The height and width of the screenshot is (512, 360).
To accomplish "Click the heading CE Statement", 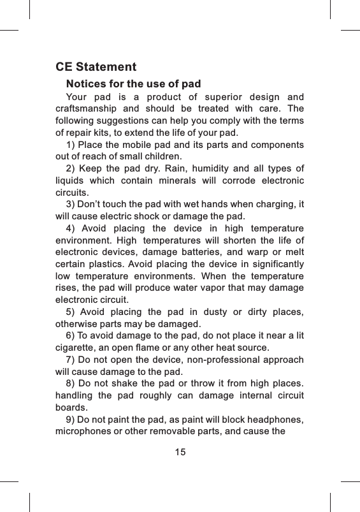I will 96,67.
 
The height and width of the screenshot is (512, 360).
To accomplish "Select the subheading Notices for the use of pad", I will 133,84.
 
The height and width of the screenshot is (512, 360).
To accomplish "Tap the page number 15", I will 180,452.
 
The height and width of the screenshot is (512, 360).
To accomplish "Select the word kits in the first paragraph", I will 101,133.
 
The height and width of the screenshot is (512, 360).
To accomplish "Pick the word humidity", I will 221,168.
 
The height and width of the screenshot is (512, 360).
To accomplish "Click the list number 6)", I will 70,336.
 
